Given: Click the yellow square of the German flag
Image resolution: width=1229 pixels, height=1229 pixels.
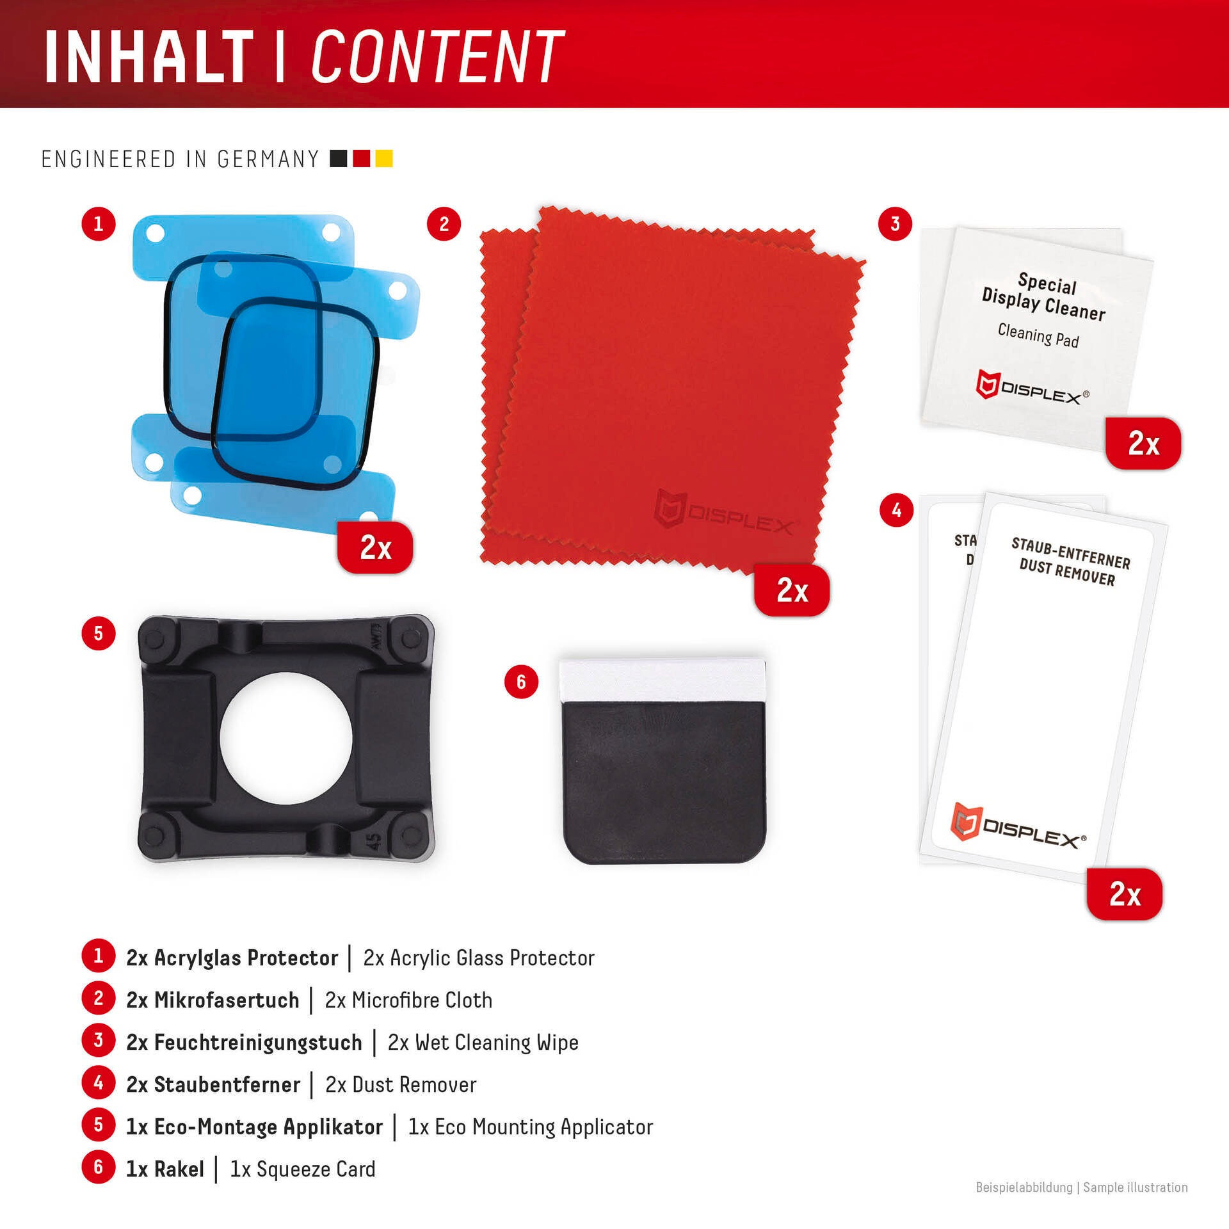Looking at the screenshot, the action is tap(384, 158).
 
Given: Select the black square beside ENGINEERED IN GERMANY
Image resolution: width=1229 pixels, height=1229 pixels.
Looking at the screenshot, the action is tap(339, 158).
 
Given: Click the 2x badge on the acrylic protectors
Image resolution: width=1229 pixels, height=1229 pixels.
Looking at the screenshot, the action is tap(375, 547).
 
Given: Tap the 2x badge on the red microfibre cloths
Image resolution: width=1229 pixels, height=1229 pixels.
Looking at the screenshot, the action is tap(792, 590).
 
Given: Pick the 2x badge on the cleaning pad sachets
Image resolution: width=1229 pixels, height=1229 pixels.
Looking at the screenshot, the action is tap(1143, 443).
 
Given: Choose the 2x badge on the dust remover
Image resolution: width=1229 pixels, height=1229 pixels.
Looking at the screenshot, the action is tap(1125, 894).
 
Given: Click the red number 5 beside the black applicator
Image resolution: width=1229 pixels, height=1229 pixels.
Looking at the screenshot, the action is tap(99, 633).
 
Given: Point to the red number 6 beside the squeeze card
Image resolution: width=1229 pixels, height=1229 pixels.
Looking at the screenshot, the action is tap(521, 682).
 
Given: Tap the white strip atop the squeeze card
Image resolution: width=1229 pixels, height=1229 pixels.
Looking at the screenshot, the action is tap(662, 681).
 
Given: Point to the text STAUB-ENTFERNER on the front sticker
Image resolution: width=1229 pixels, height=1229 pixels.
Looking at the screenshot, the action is tap(1071, 553).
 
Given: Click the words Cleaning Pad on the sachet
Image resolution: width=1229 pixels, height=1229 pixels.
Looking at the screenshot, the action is tap(1038, 335).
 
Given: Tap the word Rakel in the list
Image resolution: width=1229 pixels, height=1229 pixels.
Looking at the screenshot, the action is tap(179, 1169).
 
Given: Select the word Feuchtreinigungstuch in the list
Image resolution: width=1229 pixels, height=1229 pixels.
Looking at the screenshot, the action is tap(258, 1043).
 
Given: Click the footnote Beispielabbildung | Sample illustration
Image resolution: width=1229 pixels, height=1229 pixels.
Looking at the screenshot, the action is tap(1081, 1187).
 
